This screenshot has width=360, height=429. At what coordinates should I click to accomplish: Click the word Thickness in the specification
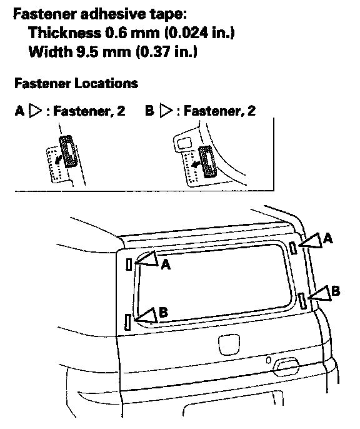[x=65, y=33]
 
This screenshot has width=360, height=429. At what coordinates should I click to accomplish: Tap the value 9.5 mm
[x=104, y=51]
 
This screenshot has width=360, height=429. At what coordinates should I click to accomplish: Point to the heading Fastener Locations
[x=76, y=83]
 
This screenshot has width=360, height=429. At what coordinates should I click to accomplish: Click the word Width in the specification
[x=50, y=51]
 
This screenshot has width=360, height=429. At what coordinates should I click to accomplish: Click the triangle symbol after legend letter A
[x=36, y=111]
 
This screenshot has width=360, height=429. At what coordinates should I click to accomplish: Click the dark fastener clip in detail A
[x=68, y=151]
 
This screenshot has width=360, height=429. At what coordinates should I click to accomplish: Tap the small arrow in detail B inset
[x=196, y=164]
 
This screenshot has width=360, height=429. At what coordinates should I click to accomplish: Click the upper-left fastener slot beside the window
[x=129, y=265]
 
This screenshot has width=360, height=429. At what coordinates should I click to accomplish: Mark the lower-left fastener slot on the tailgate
[x=127, y=321]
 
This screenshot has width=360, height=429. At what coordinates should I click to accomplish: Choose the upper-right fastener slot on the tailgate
[x=293, y=248]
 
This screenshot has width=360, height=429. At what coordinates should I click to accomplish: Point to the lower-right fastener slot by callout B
[x=302, y=301]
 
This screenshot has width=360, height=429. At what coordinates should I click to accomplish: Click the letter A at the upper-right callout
[x=327, y=239]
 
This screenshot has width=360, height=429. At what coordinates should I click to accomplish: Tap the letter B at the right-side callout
[x=336, y=291]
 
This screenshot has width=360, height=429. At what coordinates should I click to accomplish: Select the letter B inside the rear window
[x=163, y=312]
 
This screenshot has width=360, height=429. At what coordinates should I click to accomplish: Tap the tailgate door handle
[x=286, y=367]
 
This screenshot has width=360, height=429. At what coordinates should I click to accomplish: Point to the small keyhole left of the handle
[x=268, y=360]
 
